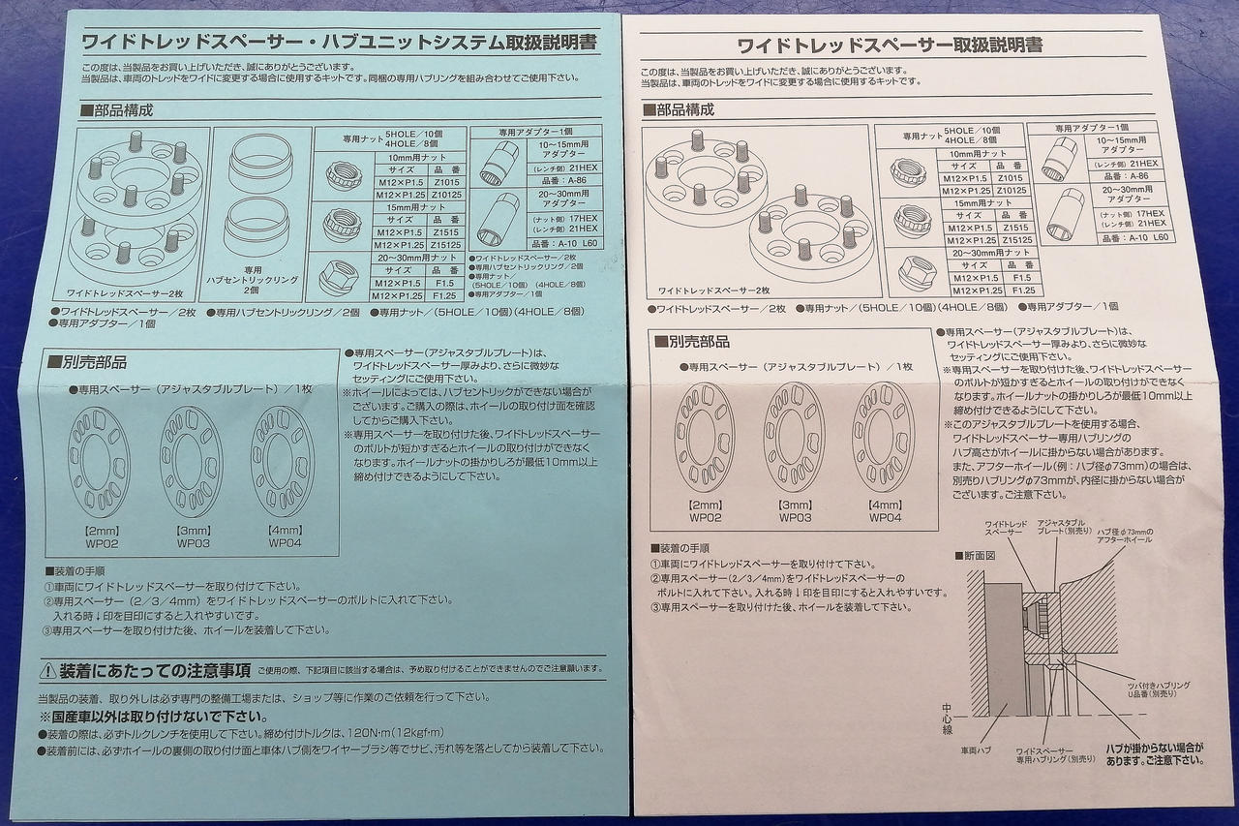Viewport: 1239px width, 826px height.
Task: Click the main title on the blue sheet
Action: pyautogui.click(x=339, y=42)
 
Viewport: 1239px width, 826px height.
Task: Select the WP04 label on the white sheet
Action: pyautogui.click(x=885, y=517)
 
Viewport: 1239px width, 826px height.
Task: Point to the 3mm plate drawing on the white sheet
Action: pyautogui.click(x=794, y=437)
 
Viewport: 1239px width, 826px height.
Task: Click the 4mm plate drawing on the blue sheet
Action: pyautogui.click(x=281, y=462)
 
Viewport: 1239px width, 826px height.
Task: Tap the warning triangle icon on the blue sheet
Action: pyautogui.click(x=48, y=670)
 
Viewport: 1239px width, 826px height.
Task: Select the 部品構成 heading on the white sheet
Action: pyautogui.click(x=684, y=109)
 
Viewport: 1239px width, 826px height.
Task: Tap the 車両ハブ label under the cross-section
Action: pyautogui.click(x=975, y=750)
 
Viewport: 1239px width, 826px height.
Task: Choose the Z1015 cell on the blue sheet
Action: pyautogui.click(x=446, y=180)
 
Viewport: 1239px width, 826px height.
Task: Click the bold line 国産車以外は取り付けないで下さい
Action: pyautogui.click(x=154, y=717)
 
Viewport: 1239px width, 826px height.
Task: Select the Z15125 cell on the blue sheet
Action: pyautogui.click(x=446, y=245)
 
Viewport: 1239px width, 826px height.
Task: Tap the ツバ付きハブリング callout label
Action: pyautogui.click(x=1157, y=685)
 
